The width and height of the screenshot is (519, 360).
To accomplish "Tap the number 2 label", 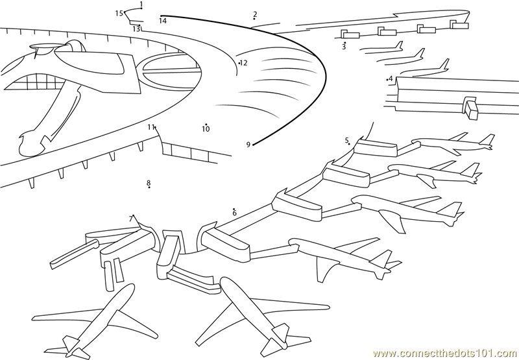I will coord(255,14).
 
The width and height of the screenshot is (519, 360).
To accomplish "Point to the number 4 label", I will coord(391,79).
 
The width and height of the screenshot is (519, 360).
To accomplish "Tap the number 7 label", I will coord(130,219).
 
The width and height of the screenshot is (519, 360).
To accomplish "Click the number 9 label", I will coord(248,145).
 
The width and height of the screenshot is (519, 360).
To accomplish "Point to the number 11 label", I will coord(151,127).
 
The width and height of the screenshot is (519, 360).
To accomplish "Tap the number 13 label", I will coord(136,29).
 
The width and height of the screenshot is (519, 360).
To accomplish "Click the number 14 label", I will coord(162,21).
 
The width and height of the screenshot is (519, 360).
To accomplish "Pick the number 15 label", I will coord(119,13).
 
